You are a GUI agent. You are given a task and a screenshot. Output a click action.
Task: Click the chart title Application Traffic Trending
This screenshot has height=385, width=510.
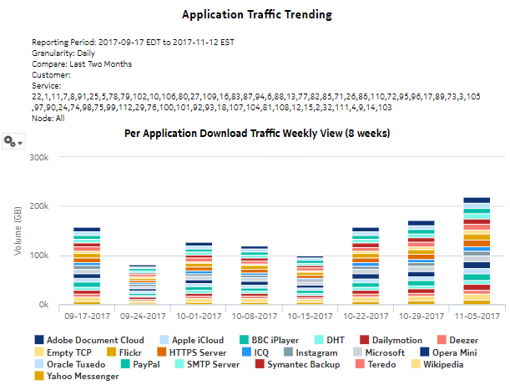pyautogui.click(x=257, y=15)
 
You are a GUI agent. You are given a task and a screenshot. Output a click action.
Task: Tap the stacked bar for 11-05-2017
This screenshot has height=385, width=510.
pyautogui.click(x=476, y=251)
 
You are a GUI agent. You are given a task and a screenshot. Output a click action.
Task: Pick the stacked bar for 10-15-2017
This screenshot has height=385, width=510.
pyautogui.click(x=310, y=281)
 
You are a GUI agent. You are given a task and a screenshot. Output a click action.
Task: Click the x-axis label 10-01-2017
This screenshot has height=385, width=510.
pyautogui.click(x=199, y=317)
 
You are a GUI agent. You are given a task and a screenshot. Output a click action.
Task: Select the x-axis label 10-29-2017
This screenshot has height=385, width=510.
pyautogui.click(x=420, y=317)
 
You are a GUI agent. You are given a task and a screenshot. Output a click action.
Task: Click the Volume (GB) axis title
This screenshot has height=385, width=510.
pyautogui.click(x=18, y=231)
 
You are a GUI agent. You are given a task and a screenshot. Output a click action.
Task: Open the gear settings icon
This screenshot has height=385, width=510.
pyautogui.click(x=13, y=141)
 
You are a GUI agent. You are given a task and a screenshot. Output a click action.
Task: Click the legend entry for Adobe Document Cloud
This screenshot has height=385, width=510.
pyautogui.click(x=88, y=341)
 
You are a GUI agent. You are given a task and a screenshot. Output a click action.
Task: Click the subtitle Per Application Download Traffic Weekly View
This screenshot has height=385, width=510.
pyautogui.click(x=257, y=133)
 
